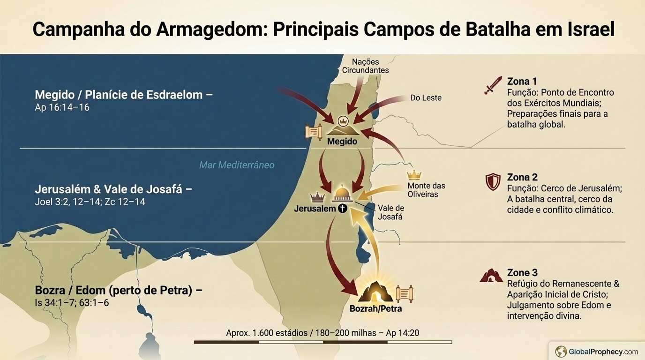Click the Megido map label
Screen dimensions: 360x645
(x=342, y=142)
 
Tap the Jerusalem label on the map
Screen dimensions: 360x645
(x=315, y=209)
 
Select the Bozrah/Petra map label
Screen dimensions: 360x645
(x=375, y=309)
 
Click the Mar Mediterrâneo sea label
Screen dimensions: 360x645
(x=237, y=165)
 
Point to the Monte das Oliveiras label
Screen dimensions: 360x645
(x=426, y=190)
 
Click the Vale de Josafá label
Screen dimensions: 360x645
(x=390, y=212)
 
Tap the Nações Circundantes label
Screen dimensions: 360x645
(x=365, y=66)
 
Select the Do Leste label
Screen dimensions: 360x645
(x=426, y=98)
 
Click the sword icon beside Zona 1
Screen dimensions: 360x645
(x=493, y=86)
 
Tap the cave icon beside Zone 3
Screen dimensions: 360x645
(x=491, y=276)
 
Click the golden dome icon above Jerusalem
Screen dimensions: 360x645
(x=343, y=193)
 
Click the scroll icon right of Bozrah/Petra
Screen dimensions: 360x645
(x=405, y=293)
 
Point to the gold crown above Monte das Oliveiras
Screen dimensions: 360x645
(x=414, y=175)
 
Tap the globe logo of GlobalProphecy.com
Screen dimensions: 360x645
(x=561, y=351)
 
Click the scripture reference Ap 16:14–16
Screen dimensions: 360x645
(x=62, y=107)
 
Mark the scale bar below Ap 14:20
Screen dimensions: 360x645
(x=322, y=342)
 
